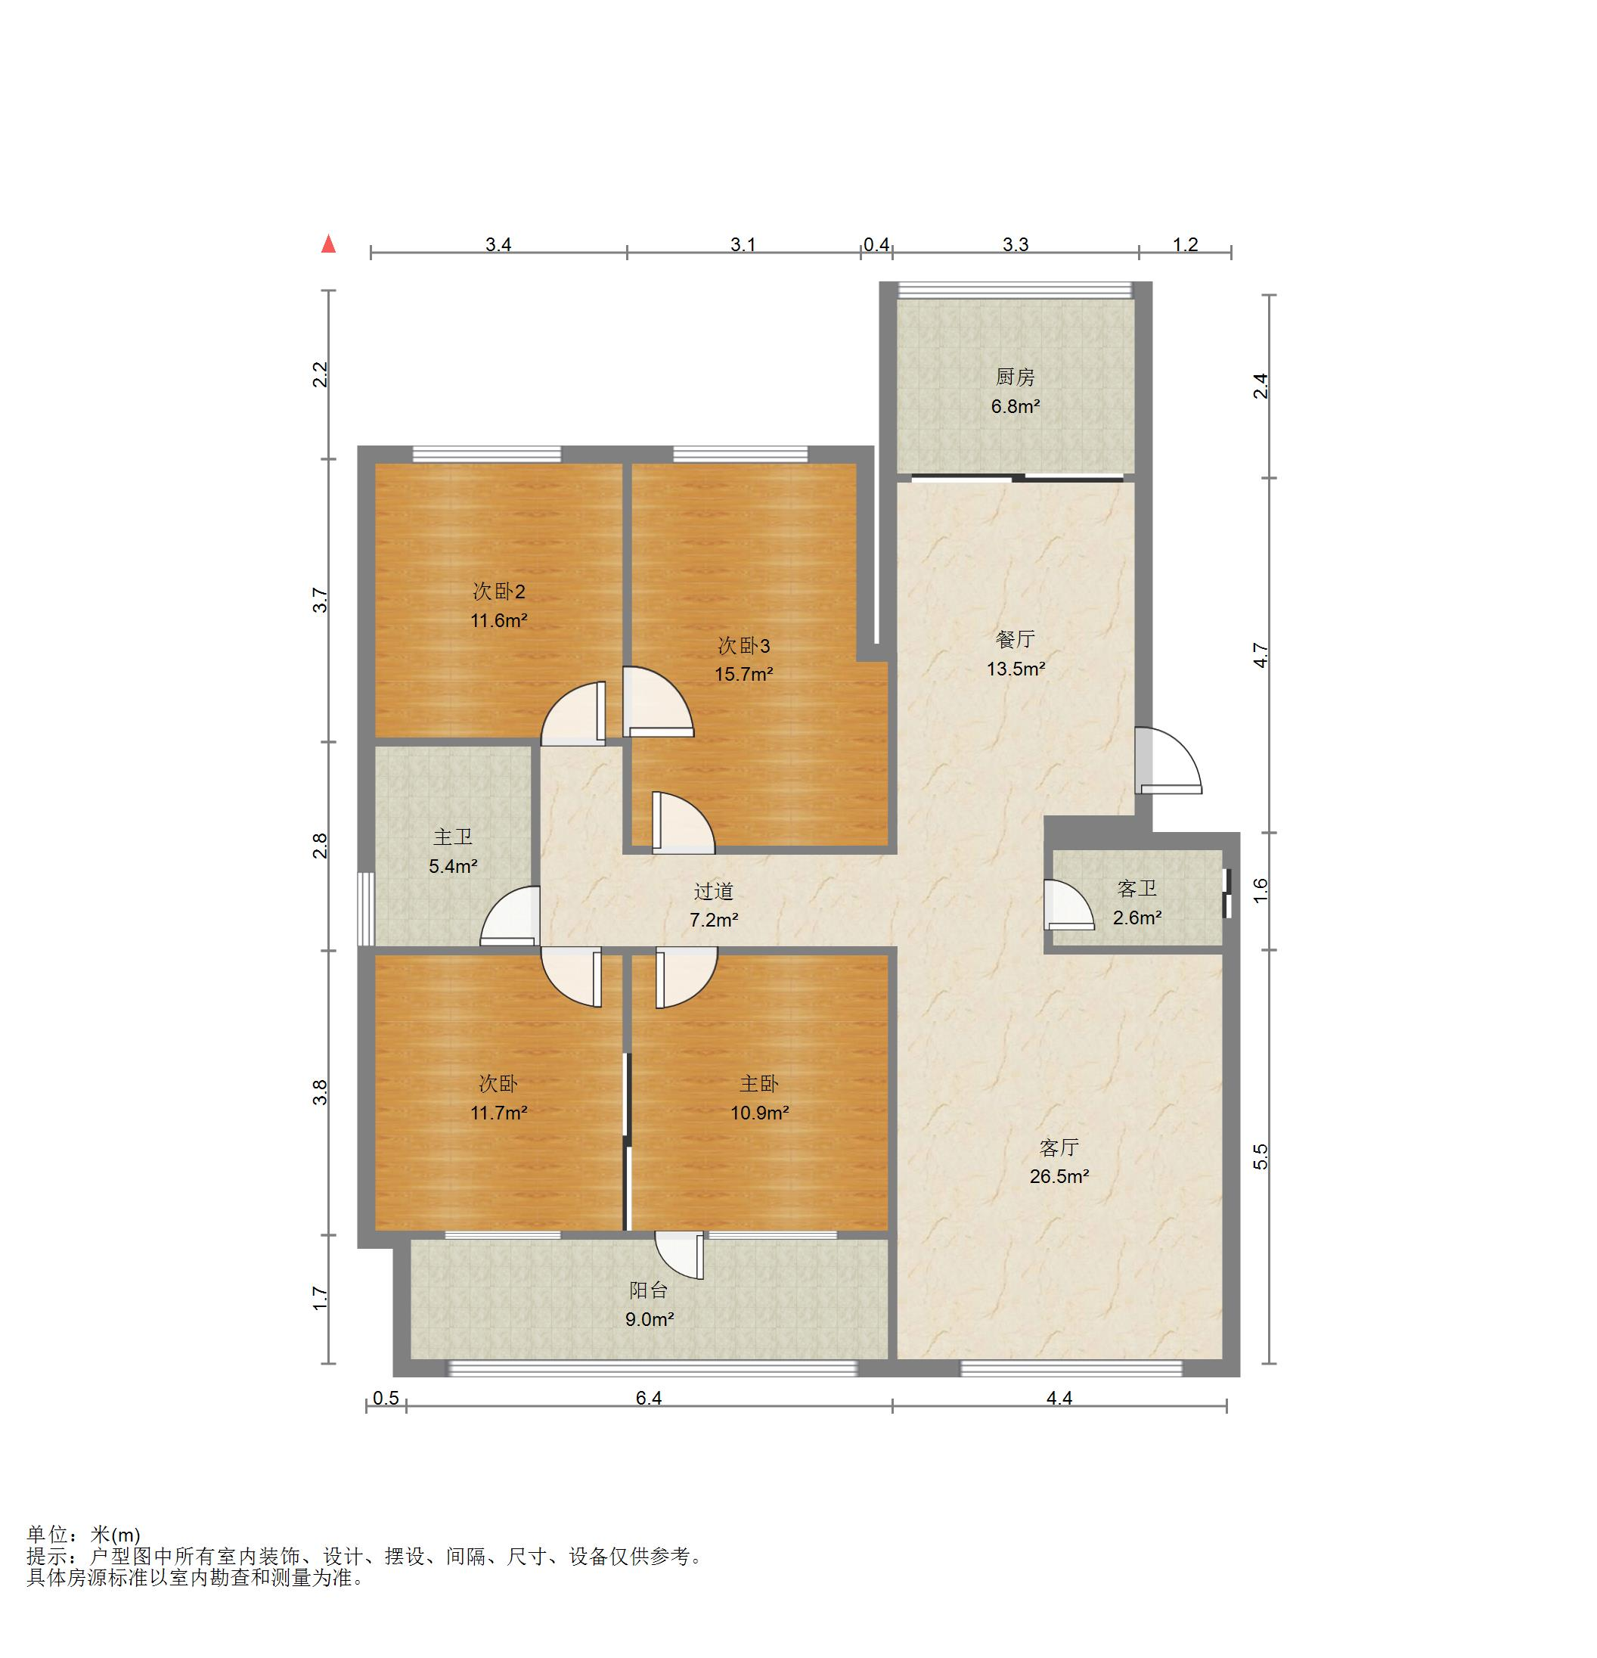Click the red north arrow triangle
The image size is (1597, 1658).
pyautogui.click(x=328, y=244)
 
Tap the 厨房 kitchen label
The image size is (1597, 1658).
pyautogui.click(x=1015, y=377)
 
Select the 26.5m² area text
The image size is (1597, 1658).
pyautogui.click(x=1059, y=1176)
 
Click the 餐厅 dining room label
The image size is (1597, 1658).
pyautogui.click(x=1015, y=639)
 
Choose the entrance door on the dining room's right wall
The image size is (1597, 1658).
pyautogui.click(x=1168, y=759)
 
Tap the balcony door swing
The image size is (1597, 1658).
pyautogui.click(x=679, y=1255)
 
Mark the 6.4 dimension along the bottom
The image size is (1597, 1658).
pyautogui.click(x=649, y=1398)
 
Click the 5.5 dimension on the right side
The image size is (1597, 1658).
pyautogui.click(x=1261, y=1156)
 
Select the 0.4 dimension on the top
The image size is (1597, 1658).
pyautogui.click(x=876, y=244)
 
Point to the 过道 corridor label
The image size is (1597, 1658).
pyautogui.click(x=713, y=892)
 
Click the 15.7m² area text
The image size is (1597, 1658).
pyautogui.click(x=744, y=674)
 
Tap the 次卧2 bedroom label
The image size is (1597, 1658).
pyautogui.click(x=499, y=591)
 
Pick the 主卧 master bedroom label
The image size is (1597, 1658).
pyautogui.click(x=758, y=1084)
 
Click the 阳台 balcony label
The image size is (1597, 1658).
pyautogui.click(x=649, y=1290)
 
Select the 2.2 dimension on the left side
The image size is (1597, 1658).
pyautogui.click(x=320, y=373)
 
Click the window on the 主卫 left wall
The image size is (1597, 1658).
pyautogui.click(x=365, y=908)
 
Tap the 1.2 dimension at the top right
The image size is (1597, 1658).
pyautogui.click(x=1185, y=244)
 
